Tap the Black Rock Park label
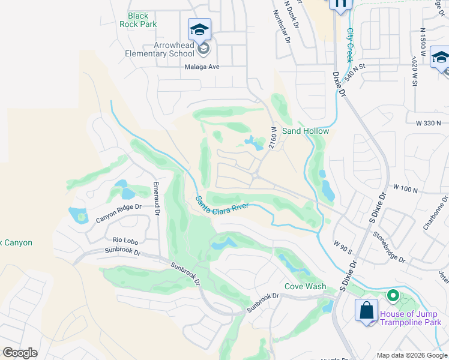tap(142, 20)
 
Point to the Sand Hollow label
tap(306, 131)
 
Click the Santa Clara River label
tap(222, 205)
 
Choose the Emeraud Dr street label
tap(156, 199)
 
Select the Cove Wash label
tap(305, 286)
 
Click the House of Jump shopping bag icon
tap(366, 311)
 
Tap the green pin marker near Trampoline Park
tap(393, 296)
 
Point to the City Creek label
tap(349, 46)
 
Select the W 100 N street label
tap(405, 188)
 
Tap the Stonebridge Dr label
tap(389, 248)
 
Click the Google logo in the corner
tap(20, 353)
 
